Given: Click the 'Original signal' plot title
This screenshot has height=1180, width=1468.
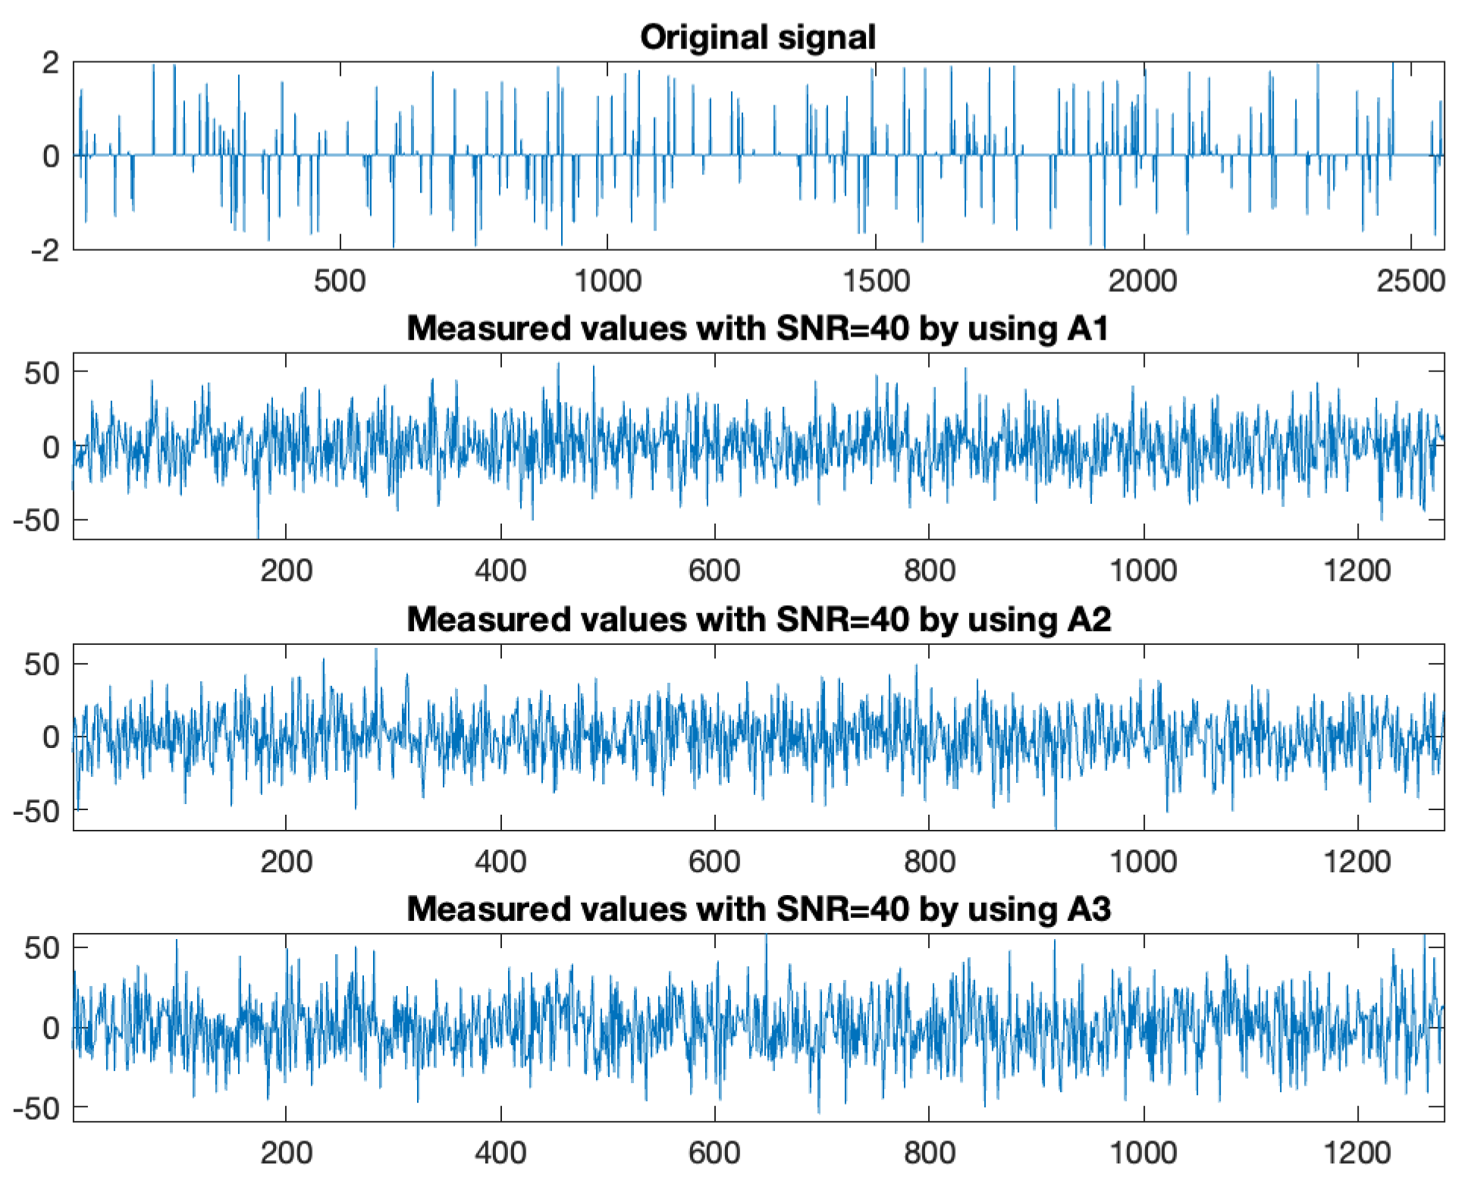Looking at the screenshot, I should (x=758, y=36).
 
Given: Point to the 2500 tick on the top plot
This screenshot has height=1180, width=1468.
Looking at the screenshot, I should (x=1410, y=281).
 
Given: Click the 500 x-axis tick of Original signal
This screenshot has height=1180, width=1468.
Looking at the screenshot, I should (x=340, y=281).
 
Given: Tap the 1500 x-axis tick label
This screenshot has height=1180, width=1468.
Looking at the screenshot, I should (x=875, y=281).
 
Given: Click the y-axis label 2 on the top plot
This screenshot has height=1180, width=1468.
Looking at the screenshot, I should (x=50, y=62).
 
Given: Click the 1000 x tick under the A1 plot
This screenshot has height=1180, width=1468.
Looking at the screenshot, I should (x=1143, y=570).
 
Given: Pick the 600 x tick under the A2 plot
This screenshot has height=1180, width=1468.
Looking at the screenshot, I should (x=714, y=861).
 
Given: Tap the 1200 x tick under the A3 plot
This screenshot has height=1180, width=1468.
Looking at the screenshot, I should (x=1357, y=1153).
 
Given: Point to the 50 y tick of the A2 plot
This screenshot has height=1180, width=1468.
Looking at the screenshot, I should (x=42, y=664).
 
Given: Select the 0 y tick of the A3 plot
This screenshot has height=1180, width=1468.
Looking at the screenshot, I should (x=50, y=1028).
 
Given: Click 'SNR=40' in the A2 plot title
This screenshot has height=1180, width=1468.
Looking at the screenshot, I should (x=842, y=619).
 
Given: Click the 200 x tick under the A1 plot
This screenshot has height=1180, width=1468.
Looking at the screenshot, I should (x=286, y=570).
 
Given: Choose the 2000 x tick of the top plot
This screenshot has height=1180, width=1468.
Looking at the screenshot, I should (x=1142, y=281).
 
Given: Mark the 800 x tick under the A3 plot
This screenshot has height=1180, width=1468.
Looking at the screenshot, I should (x=929, y=1153).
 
